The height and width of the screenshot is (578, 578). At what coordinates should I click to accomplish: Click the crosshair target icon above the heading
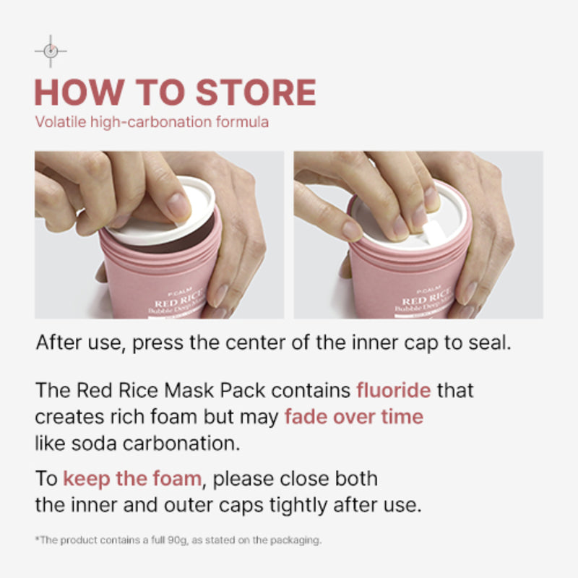pyautogui.click(x=51, y=51)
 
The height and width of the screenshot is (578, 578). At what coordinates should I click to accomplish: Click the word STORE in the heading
pyautogui.click(x=256, y=92)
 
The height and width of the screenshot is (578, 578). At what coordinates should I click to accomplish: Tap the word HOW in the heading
pyautogui.click(x=79, y=92)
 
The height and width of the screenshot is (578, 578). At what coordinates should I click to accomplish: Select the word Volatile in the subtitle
pyautogui.click(x=61, y=122)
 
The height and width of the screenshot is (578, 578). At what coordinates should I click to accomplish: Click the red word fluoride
pyautogui.click(x=393, y=390)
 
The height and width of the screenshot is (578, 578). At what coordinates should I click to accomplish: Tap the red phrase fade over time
pyautogui.click(x=354, y=417)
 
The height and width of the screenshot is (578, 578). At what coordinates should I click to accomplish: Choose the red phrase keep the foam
pyautogui.click(x=132, y=478)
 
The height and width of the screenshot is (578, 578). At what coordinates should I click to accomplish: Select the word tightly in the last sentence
pyautogui.click(x=298, y=505)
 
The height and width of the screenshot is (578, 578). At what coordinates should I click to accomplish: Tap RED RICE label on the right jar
pyautogui.click(x=426, y=297)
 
